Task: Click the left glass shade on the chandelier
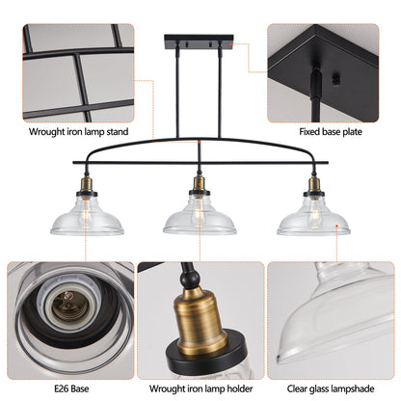pyautogui.click(x=86, y=220)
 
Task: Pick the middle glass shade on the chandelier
pyautogui.click(x=200, y=220)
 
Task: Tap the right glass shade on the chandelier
pyautogui.click(x=313, y=220)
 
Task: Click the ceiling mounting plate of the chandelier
pyautogui.click(x=200, y=43)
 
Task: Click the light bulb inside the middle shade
pyautogui.click(x=200, y=216)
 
